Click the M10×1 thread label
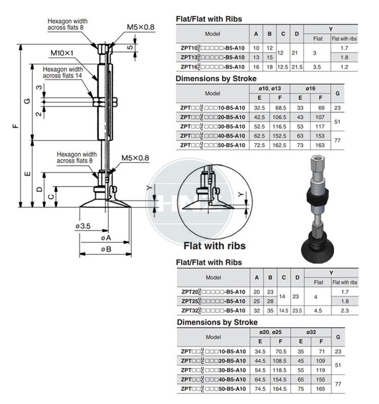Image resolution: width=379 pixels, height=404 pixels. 62,53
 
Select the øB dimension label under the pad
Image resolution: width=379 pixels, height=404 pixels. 105,249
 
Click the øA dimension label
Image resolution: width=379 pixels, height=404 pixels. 105,237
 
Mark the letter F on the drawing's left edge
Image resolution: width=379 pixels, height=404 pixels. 17,126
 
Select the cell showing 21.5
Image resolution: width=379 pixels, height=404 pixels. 297,67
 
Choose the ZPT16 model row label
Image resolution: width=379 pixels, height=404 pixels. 212,67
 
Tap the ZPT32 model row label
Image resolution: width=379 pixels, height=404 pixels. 212,310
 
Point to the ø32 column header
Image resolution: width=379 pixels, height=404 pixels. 312,332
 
